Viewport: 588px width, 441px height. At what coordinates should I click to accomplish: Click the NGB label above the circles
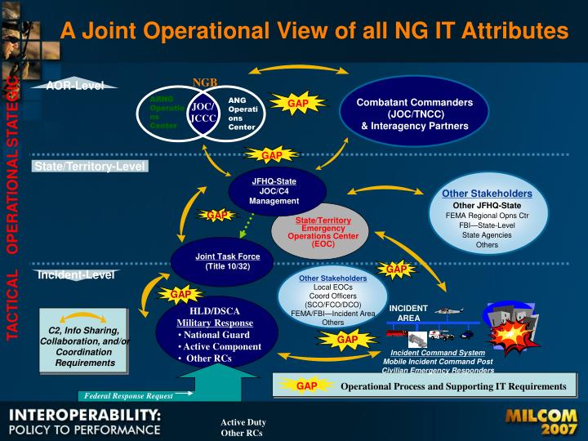point(205,82)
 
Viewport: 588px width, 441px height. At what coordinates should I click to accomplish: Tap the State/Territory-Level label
point(90,167)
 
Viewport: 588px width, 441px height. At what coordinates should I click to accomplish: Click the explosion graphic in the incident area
point(514,331)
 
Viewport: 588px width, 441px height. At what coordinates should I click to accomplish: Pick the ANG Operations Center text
point(243,113)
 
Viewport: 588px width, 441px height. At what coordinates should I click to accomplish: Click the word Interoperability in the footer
point(85,414)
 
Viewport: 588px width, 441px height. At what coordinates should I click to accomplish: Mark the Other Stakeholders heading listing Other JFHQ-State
point(487,194)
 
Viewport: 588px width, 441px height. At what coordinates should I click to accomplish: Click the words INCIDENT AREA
point(408,313)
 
